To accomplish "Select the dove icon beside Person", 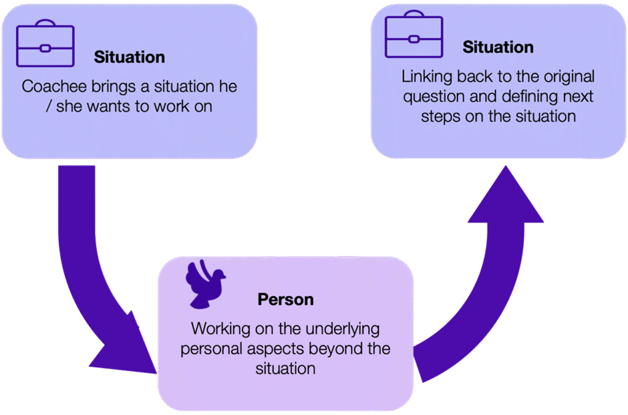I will (x=205, y=284).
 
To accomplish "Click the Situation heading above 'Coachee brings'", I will (x=129, y=57).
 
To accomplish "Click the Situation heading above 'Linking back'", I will (x=498, y=47).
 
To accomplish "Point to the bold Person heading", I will (x=285, y=300).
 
